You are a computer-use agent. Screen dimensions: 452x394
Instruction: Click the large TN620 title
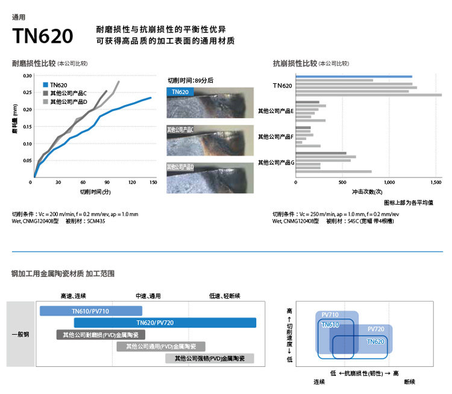click(43, 36)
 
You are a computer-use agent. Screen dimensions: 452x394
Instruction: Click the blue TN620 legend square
click(46, 85)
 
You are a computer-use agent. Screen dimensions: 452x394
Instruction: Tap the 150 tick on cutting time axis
click(152, 182)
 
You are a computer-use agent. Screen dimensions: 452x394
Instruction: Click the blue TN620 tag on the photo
click(180, 92)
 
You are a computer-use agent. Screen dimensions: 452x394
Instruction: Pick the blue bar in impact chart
click(354, 77)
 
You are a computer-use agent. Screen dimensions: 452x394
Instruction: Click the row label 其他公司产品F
click(275, 137)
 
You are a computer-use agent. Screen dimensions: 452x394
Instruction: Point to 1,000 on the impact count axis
click(389, 182)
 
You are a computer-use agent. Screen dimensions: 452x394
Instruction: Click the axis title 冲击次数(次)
click(366, 192)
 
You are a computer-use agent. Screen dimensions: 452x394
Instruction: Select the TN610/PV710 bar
click(90, 311)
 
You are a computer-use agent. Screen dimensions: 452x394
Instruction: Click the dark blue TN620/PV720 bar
click(165, 323)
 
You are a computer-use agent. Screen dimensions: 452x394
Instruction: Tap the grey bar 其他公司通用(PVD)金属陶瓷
click(161, 346)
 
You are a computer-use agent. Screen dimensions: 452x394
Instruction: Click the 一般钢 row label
click(21, 334)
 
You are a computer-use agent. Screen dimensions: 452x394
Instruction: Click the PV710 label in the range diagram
click(330, 315)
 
